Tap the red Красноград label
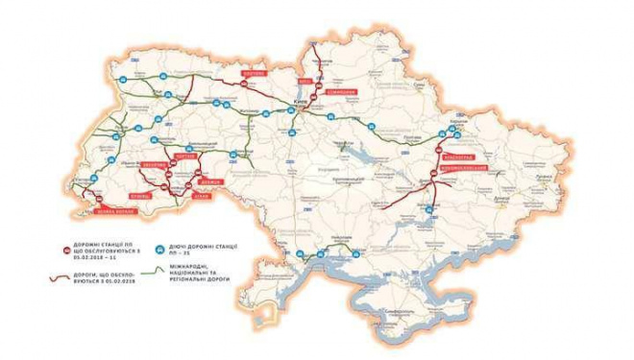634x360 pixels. (x=456, y=155)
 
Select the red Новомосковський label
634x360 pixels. (x=458, y=168)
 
